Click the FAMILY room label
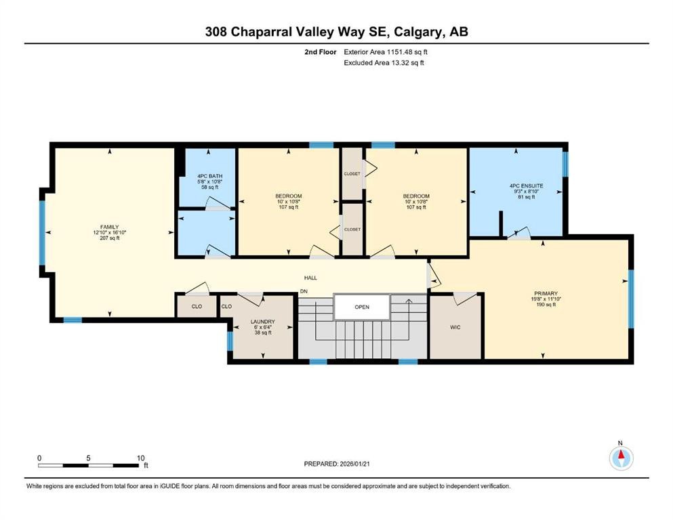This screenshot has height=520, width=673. (109, 227)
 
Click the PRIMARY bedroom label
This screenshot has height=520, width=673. (544, 294)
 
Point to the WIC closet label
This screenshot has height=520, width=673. (456, 327)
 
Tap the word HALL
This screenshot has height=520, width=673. (310, 278)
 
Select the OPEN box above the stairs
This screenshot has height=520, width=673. (362, 307)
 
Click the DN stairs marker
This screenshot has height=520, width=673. (304, 291)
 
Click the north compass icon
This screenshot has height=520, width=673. (620, 458)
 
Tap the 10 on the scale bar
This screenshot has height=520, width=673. (140, 458)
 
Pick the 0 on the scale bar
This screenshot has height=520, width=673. (39, 458)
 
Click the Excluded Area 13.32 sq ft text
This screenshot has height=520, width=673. (384, 63)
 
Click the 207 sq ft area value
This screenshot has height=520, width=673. (109, 238)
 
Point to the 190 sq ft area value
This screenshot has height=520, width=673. (544, 305)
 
